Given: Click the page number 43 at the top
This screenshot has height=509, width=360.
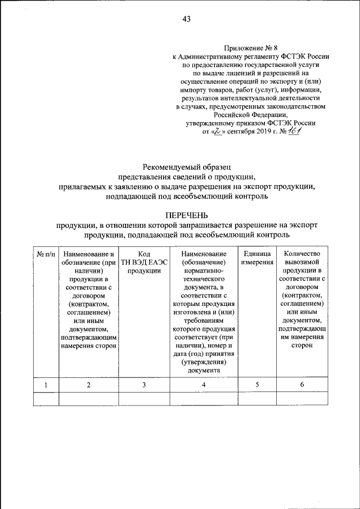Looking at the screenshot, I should pyautogui.click(x=186, y=20).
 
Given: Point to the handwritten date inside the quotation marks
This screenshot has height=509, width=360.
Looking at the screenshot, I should pyautogui.click(x=218, y=132).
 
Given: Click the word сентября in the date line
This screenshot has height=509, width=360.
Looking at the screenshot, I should pyautogui.click(x=241, y=132).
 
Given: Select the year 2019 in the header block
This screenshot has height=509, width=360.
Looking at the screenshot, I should pyautogui.click(x=265, y=132).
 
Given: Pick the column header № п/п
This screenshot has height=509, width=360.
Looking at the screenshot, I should pyautogui.click(x=46, y=254).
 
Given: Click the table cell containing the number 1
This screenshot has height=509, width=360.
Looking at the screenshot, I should pyautogui.click(x=46, y=384).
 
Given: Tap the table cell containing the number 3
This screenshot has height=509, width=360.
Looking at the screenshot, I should pyautogui.click(x=144, y=384).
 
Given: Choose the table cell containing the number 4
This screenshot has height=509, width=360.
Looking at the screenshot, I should pyautogui.click(x=204, y=384).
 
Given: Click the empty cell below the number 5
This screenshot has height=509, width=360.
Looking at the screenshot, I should pyautogui.click(x=257, y=399).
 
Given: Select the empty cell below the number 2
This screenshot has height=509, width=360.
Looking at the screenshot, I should pyautogui.click(x=88, y=399).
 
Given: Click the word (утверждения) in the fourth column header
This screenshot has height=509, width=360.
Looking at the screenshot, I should pyautogui.click(x=204, y=362).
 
